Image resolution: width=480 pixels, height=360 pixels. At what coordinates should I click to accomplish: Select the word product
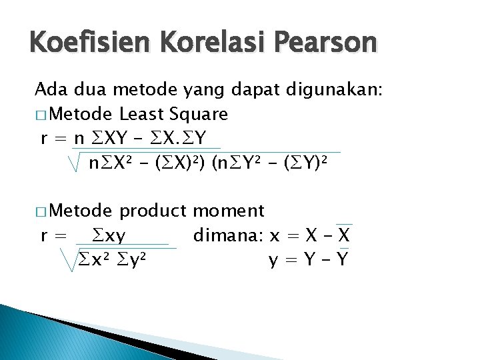coord(153,211)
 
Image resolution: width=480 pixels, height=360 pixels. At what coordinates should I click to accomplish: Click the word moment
coord(229,211)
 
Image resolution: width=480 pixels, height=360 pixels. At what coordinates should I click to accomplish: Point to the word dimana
coord(227,235)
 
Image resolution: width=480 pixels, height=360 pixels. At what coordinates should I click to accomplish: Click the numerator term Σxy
coord(110,236)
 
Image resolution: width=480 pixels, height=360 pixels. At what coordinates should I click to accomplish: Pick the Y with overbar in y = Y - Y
coord(342,259)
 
